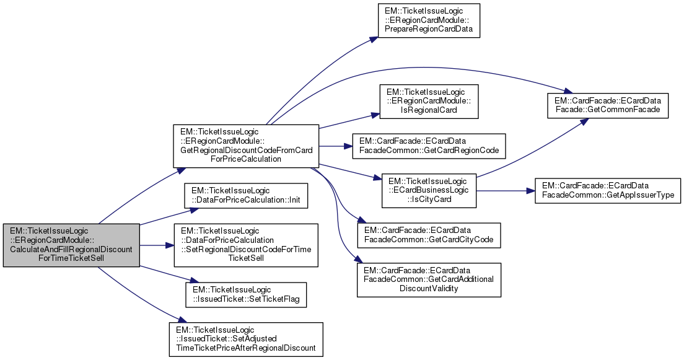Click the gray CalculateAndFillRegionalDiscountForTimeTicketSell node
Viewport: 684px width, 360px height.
[71, 245]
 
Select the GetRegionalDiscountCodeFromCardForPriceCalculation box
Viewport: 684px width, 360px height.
[245, 146]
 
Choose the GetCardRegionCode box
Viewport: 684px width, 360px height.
[428, 147]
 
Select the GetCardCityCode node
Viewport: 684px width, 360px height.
[428, 235]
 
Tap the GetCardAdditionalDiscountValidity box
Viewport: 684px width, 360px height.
[428, 279]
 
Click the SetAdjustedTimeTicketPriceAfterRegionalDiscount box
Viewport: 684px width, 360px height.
[246, 338]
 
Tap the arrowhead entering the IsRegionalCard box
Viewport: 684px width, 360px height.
[375, 113]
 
